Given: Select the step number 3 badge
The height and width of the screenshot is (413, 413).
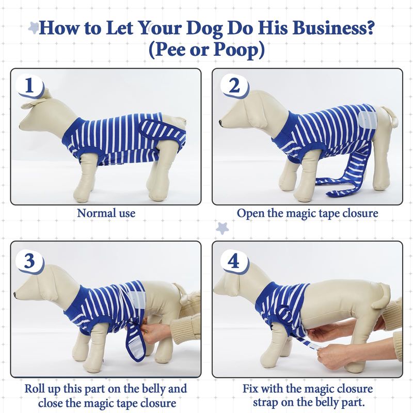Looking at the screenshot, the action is [x=29, y=261].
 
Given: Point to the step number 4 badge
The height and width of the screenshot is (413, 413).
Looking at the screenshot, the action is [x=234, y=261].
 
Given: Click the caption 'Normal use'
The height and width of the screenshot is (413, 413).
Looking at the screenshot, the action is [x=106, y=213].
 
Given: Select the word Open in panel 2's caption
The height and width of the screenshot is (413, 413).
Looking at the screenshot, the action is [x=250, y=213].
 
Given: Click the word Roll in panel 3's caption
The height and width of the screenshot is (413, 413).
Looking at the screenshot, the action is [x=35, y=389].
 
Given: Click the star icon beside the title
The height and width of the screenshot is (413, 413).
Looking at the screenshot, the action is [x=34, y=27].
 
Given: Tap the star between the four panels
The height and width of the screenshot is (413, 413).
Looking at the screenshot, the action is [x=223, y=228].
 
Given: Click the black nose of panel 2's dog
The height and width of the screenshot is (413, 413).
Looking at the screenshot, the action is [x=220, y=122].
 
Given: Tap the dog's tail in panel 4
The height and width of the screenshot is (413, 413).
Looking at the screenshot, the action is [x=381, y=296].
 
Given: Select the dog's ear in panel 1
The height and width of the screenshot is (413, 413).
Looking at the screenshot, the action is [x=33, y=103].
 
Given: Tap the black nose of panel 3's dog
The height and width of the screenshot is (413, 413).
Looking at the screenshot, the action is [x=15, y=295].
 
